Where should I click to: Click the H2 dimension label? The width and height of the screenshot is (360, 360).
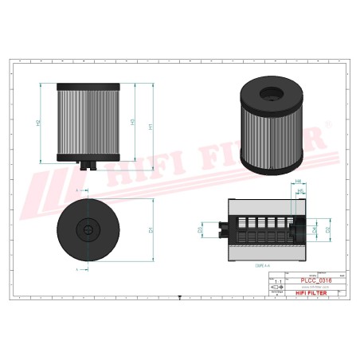tap(39, 123)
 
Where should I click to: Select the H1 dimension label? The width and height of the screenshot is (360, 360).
tap(152, 123)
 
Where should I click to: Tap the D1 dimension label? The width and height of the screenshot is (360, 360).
tap(151, 229)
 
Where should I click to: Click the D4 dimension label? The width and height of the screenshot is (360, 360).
tap(314, 230)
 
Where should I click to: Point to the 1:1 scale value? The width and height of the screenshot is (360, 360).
tap(277, 283)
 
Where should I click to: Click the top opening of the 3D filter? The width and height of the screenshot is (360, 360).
tap(272, 95)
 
